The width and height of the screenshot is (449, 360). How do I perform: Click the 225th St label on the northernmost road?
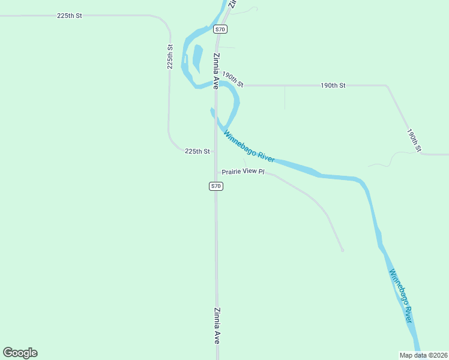pyautogui.click(x=69, y=16)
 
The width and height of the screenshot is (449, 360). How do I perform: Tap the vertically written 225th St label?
pyautogui.click(x=170, y=56)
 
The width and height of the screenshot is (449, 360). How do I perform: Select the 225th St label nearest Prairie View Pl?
pyautogui.click(x=197, y=152)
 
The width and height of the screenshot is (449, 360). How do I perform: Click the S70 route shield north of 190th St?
pyautogui.click(x=220, y=29)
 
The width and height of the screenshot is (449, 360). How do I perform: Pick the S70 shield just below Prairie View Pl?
pyautogui.click(x=216, y=186)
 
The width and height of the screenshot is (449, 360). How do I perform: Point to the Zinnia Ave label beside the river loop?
pyautogui.click(x=215, y=71)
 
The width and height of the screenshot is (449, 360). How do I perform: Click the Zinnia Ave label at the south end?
pyautogui.click(x=217, y=326)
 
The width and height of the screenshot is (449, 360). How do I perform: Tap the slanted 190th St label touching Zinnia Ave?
pyautogui.click(x=232, y=79)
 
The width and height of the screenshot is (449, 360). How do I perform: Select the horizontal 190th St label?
pyautogui.click(x=333, y=86)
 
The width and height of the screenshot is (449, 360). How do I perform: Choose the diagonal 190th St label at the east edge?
pyautogui.click(x=415, y=140)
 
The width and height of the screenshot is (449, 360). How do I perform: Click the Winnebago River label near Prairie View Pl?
pyautogui.click(x=249, y=146)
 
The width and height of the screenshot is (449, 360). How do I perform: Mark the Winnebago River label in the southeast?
pyautogui.click(x=400, y=296)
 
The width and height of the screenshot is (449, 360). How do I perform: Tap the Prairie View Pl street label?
pyautogui.click(x=243, y=172)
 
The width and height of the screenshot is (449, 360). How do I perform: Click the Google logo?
pyautogui.click(x=20, y=353)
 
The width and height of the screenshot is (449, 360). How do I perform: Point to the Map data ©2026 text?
pyautogui.click(x=423, y=355)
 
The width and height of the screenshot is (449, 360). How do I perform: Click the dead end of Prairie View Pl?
pyautogui.click(x=342, y=250)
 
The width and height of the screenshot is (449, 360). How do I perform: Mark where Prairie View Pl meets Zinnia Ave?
pyautogui.click(x=217, y=172)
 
